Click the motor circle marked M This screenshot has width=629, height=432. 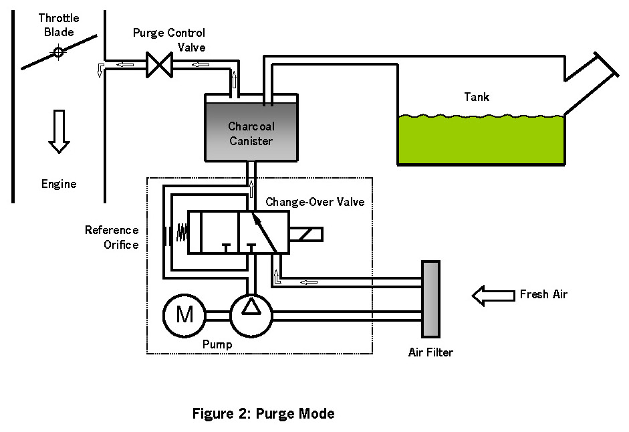coord(184,314)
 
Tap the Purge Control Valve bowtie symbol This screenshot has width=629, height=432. coord(159,65)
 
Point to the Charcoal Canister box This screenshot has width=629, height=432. coord(251,131)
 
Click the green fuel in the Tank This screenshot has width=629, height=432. coord(481,140)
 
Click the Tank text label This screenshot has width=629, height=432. coord(477,97)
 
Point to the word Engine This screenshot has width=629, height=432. coord(59,184)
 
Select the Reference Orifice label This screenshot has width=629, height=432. coord(112,237)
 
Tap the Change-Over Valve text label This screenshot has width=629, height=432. coord(316,201)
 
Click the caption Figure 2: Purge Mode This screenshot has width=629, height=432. coord(263,413)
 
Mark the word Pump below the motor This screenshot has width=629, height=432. coord(217,345)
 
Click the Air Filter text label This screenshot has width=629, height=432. coord(430,352)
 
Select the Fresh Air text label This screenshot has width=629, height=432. coord(543,294)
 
